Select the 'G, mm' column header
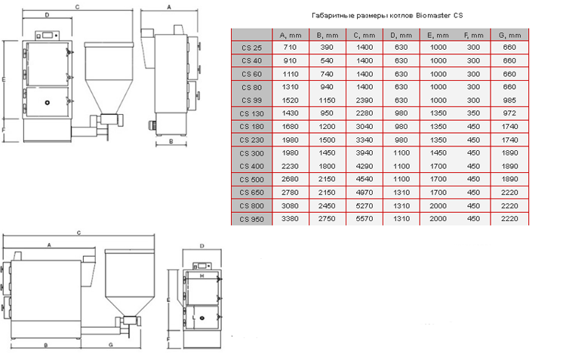(509, 35)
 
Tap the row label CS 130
(251, 114)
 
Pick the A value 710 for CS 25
(290, 48)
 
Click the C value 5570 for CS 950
(365, 219)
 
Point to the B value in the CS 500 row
(327, 179)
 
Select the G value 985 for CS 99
(509, 100)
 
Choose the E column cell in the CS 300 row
(438, 152)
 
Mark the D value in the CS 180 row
(401, 126)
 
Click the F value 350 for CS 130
(473, 113)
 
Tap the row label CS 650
(251, 192)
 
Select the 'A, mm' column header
(291, 35)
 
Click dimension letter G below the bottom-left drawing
(111, 345)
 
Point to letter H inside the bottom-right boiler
(202, 276)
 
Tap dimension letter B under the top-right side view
(171, 142)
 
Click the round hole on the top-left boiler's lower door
(48, 103)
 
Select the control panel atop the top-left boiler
(48, 35)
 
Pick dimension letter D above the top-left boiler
(48, 15)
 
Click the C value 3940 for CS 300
(365, 152)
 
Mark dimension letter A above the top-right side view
(169, 7)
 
